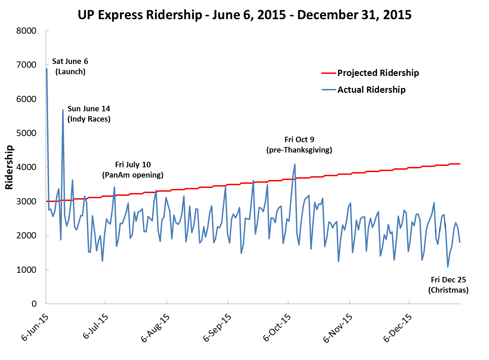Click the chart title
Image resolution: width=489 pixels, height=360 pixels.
(x=244, y=15)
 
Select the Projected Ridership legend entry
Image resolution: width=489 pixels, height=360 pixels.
(x=378, y=73)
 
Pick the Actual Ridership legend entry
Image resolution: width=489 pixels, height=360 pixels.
(x=371, y=90)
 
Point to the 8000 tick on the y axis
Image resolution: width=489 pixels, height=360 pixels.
(x=26, y=31)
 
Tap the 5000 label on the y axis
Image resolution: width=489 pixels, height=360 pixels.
(x=26, y=133)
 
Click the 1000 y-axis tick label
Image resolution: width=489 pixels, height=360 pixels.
(x=26, y=270)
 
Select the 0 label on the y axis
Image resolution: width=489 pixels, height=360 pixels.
(x=34, y=304)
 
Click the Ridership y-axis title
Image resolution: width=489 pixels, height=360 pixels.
(x=9, y=167)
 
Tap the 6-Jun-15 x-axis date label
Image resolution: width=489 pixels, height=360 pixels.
(x=35, y=327)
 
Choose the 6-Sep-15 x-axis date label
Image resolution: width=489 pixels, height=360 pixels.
(x=217, y=327)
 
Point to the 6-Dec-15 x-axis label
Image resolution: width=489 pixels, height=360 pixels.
(x=398, y=327)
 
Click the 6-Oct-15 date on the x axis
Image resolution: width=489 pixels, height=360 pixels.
(x=277, y=327)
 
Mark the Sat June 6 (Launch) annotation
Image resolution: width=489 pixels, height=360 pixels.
(x=70, y=66)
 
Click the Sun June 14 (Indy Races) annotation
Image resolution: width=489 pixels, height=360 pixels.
(x=89, y=114)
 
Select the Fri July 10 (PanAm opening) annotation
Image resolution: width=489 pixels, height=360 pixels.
(x=133, y=170)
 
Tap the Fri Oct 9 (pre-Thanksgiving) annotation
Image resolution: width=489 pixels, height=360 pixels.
(x=299, y=145)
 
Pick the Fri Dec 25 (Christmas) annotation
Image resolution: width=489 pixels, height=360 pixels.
(x=448, y=285)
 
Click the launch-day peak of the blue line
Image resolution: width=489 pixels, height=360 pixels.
(x=47, y=69)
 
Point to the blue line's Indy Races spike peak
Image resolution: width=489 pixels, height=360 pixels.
(x=63, y=110)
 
